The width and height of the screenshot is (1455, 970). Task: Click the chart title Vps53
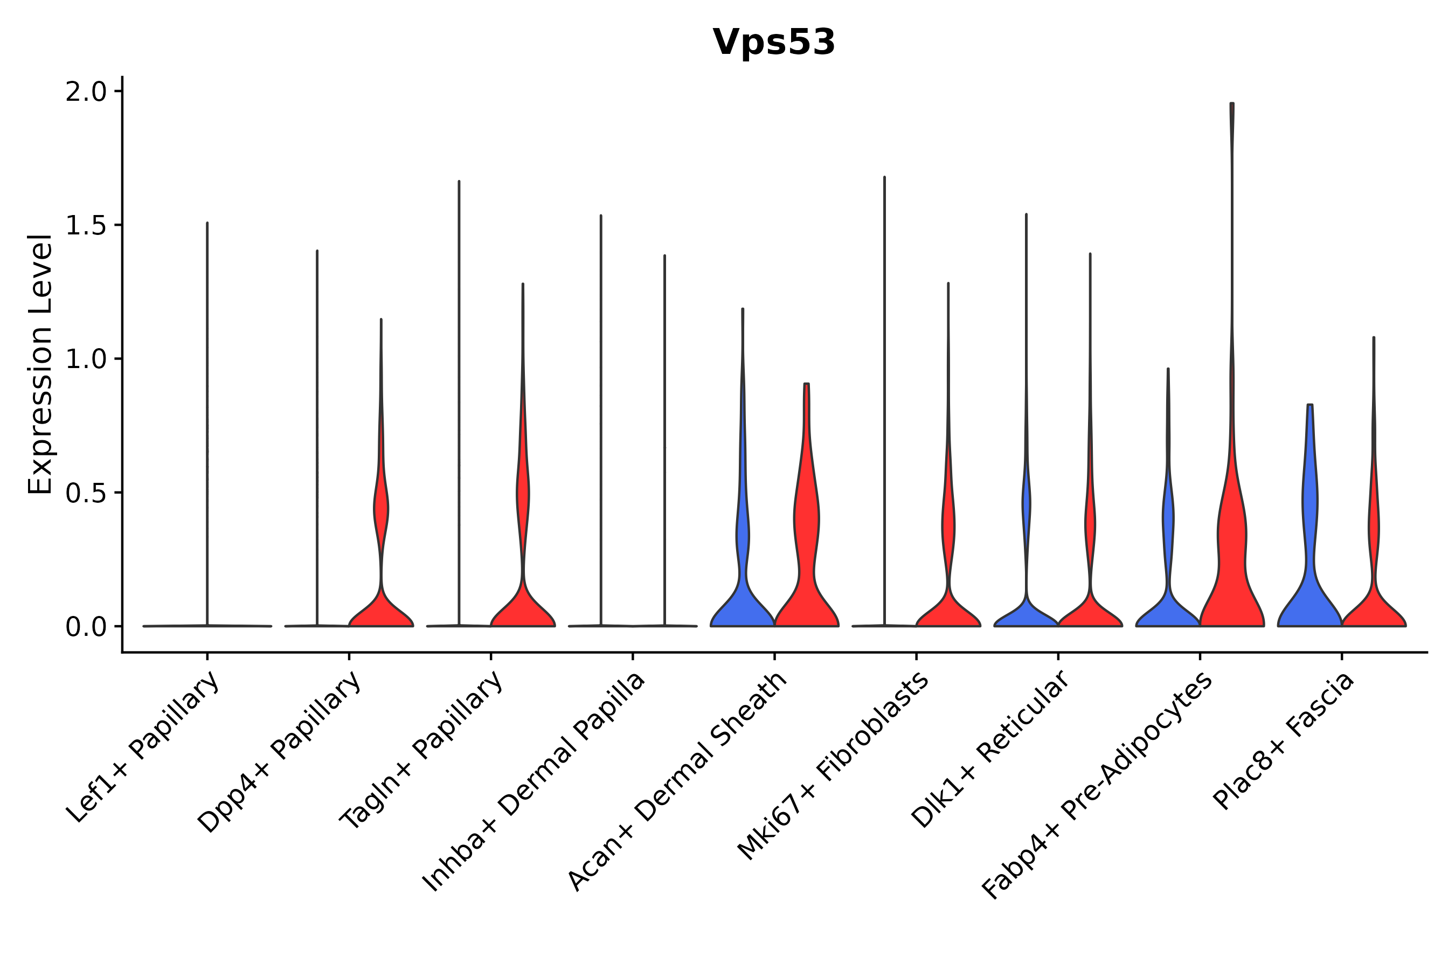pyautogui.click(x=773, y=43)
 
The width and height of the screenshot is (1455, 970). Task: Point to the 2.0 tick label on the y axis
pyautogui.click(x=86, y=92)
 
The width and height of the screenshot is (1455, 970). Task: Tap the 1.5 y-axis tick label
pyautogui.click(x=86, y=226)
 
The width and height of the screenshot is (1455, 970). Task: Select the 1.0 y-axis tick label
pyautogui.click(x=86, y=359)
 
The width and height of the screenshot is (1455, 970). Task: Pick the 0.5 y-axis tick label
pyautogui.click(x=86, y=493)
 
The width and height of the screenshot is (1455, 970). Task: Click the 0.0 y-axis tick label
pyautogui.click(x=86, y=627)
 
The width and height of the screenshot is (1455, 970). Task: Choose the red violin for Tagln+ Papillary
pyautogui.click(x=523, y=606)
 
